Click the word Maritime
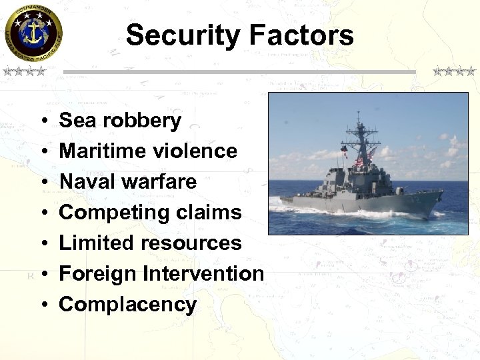[x=100, y=151]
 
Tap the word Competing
[x=111, y=213]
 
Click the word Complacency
[x=127, y=305]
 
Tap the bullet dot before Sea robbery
[x=42, y=121]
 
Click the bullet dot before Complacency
[x=42, y=305]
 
